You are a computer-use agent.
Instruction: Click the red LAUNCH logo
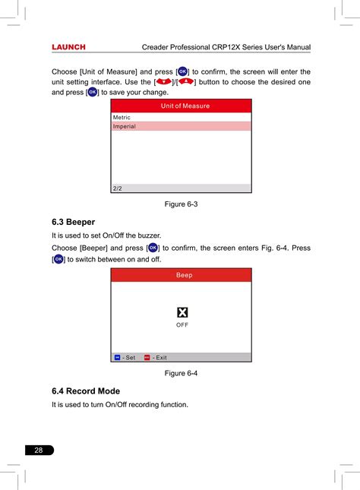[68, 47]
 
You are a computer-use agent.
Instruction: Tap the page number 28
[39, 450]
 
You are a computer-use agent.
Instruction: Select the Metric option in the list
[122, 118]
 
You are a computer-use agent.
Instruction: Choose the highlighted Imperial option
[124, 126]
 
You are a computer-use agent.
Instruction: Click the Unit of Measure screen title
[185, 106]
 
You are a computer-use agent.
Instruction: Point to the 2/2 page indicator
[117, 188]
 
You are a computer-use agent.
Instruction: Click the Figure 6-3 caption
[181, 204]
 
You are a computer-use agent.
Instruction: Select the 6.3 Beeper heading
[73, 222]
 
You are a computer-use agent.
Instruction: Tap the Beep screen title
[184, 275]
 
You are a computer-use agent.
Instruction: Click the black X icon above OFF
[182, 312]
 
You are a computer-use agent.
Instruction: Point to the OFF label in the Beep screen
[182, 325]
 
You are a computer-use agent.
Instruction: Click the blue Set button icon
[117, 357]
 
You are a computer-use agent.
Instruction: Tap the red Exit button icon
[147, 357]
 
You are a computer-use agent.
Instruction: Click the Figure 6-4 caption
[181, 373]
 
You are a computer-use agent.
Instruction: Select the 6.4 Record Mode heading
[86, 391]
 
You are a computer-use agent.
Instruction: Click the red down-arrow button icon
[164, 82]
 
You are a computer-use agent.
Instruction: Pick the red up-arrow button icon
[186, 82]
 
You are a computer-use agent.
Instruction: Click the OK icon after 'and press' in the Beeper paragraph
[153, 248]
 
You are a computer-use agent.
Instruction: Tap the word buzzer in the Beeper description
[150, 236]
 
